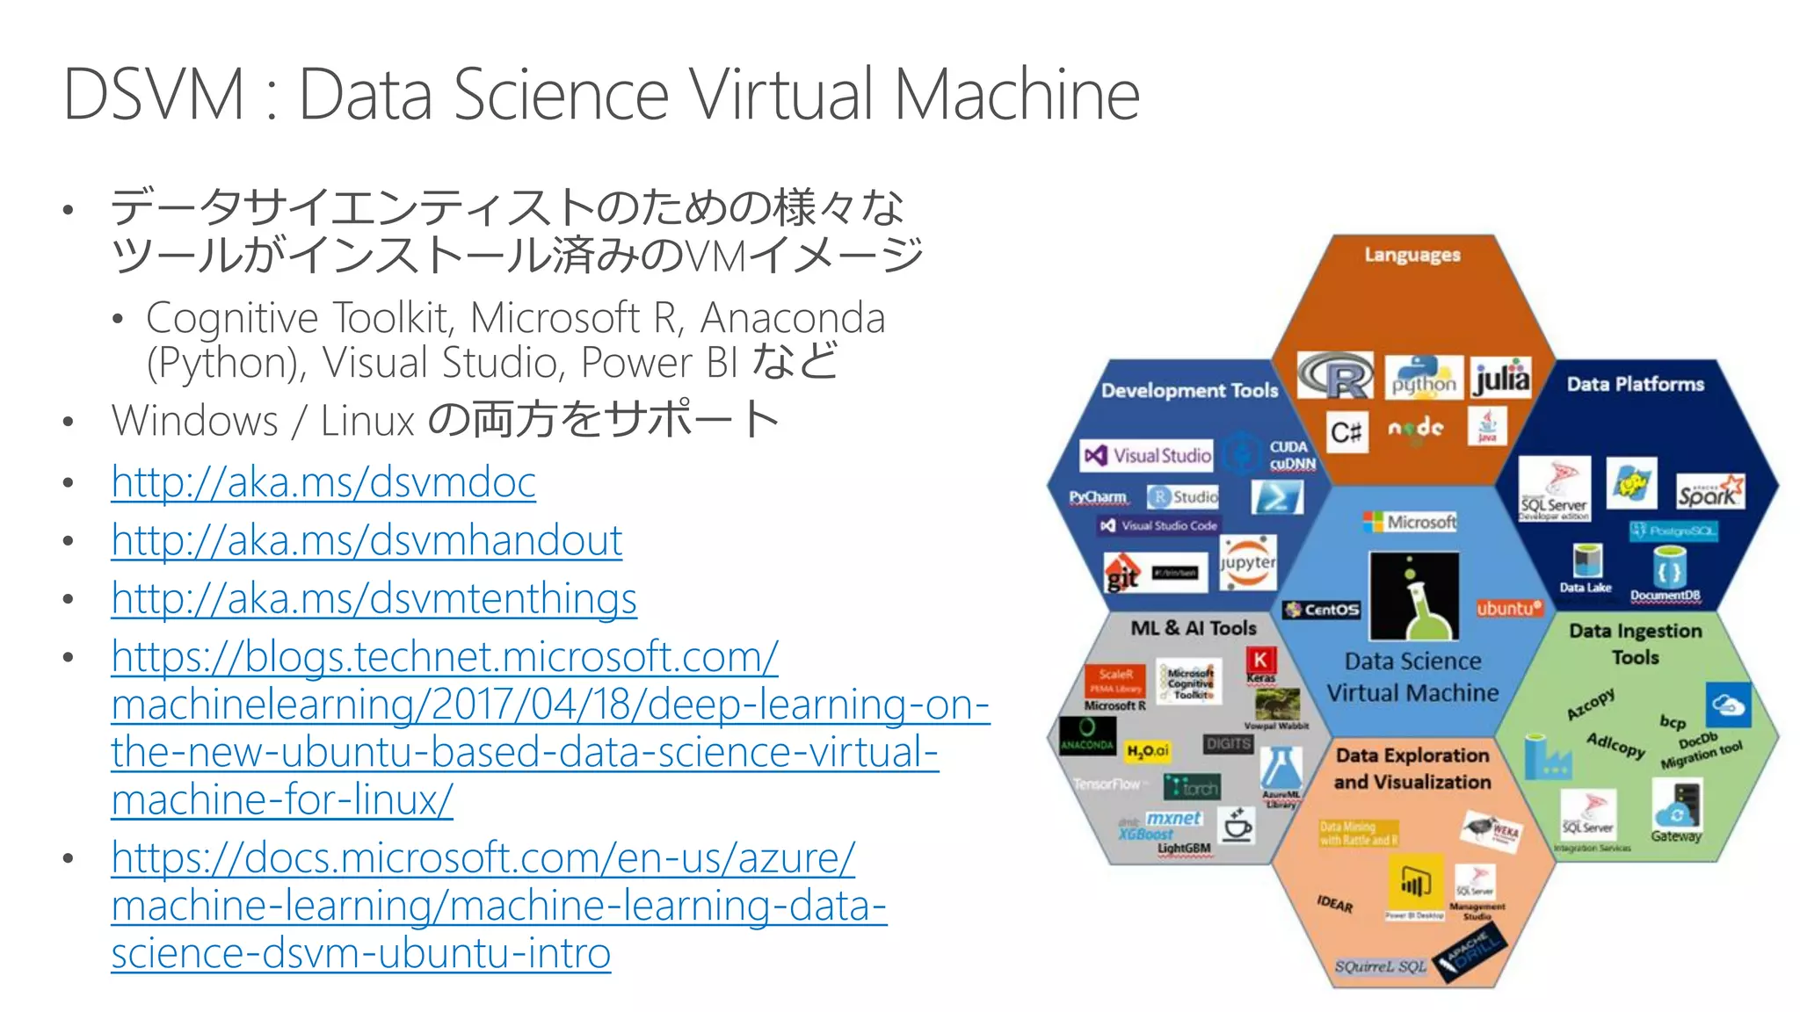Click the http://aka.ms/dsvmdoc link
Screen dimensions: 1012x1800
(323, 482)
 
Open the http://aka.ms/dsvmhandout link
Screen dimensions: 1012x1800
(367, 540)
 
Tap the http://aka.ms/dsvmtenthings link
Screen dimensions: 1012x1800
(374, 599)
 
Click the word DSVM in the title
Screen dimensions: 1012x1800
(154, 95)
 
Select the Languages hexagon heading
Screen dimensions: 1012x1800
(1412, 255)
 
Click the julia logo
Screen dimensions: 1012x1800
(1501, 378)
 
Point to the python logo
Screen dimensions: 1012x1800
(1424, 377)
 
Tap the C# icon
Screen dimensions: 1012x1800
(1346, 431)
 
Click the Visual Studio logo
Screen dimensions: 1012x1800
(1147, 455)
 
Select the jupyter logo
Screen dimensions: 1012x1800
(1247, 562)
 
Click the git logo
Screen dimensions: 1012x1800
(1122, 575)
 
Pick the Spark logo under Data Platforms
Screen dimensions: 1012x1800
(1709, 492)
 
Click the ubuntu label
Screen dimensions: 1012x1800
(1508, 608)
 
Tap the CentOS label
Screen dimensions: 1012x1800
(1322, 609)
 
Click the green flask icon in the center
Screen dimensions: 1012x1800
(1414, 596)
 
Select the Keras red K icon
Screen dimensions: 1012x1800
(1260, 660)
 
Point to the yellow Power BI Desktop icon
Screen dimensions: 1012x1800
(1414, 881)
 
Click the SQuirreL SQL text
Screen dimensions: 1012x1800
(1380, 966)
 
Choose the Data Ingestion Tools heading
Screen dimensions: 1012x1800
(1635, 643)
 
